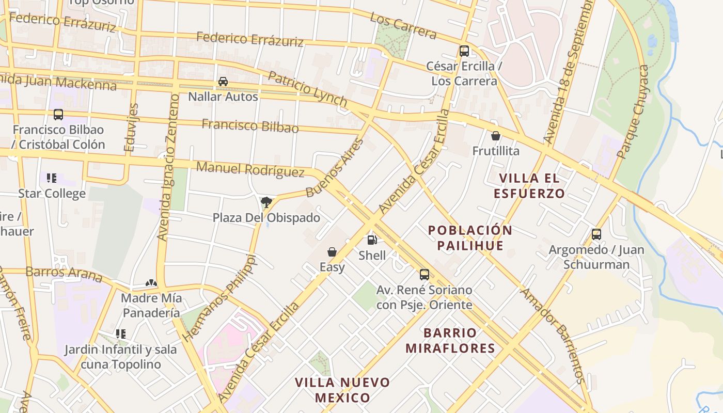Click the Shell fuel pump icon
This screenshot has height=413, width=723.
pyautogui.click(x=372, y=240)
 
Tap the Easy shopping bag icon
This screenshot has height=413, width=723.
pyautogui.click(x=332, y=252)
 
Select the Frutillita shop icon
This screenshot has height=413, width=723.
pyautogui.click(x=496, y=136)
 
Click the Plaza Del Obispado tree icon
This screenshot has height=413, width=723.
pyautogui.click(x=266, y=202)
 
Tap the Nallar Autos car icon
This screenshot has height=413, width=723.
pyautogui.click(x=223, y=82)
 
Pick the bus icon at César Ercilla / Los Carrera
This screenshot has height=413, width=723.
pyautogui.click(x=464, y=51)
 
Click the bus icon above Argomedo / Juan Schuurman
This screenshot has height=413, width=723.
pyautogui.click(x=596, y=234)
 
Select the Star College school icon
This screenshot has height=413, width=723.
pyautogui.click(x=52, y=178)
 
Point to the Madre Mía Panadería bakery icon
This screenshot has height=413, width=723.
pyautogui.click(x=151, y=283)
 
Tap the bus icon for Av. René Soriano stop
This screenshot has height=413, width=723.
pyautogui.click(x=424, y=275)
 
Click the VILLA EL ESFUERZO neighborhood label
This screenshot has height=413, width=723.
pyautogui.click(x=529, y=186)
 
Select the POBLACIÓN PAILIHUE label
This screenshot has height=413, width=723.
pyautogui.click(x=470, y=237)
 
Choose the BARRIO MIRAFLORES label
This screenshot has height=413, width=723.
pyautogui.click(x=450, y=340)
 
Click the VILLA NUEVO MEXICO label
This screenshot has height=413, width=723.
pyautogui.click(x=342, y=390)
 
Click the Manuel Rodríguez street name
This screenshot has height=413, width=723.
pyautogui.click(x=250, y=169)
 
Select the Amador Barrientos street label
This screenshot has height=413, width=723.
pyautogui.click(x=553, y=336)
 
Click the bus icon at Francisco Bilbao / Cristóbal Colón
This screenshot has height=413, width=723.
pyautogui.click(x=58, y=115)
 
